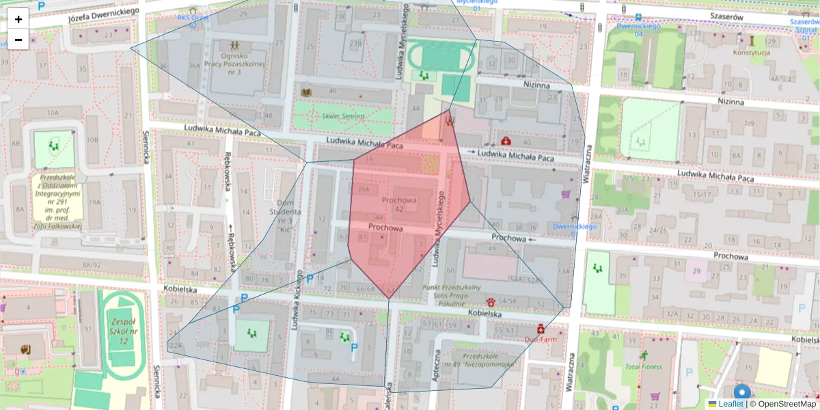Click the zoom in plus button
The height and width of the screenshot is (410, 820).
[x=18, y=18]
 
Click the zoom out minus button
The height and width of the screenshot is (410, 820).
[x=18, y=40]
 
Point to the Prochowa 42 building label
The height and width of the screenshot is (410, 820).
[x=399, y=204]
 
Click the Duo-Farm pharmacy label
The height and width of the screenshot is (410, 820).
[x=542, y=339]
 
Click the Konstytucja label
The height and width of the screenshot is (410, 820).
[x=752, y=53]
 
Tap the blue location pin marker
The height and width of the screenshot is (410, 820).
[x=741, y=394]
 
